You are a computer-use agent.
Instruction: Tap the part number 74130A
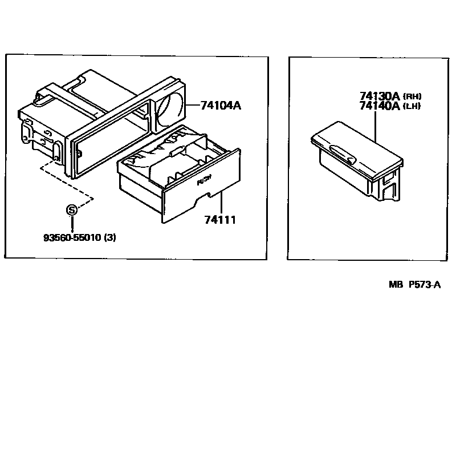click(380, 96)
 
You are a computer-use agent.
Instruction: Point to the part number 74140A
click(380, 106)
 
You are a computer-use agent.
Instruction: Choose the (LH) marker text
click(412, 106)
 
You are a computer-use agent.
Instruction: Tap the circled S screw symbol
click(72, 210)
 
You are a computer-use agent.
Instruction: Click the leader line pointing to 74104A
click(191, 105)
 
